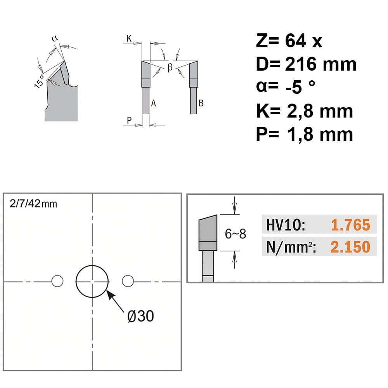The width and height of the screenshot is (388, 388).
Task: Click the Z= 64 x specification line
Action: tap(289, 41)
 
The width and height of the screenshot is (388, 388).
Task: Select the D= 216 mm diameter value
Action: tap(306, 64)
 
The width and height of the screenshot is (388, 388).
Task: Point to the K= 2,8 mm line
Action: tap(304, 111)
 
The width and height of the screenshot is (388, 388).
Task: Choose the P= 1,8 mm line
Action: tap(304, 134)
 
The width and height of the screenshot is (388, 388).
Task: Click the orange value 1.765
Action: tap(351, 225)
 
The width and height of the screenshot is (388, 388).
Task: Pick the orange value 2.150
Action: tap(350, 247)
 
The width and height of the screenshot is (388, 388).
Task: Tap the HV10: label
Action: tap(286, 225)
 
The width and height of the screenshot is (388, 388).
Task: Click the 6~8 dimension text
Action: tap(236, 234)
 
